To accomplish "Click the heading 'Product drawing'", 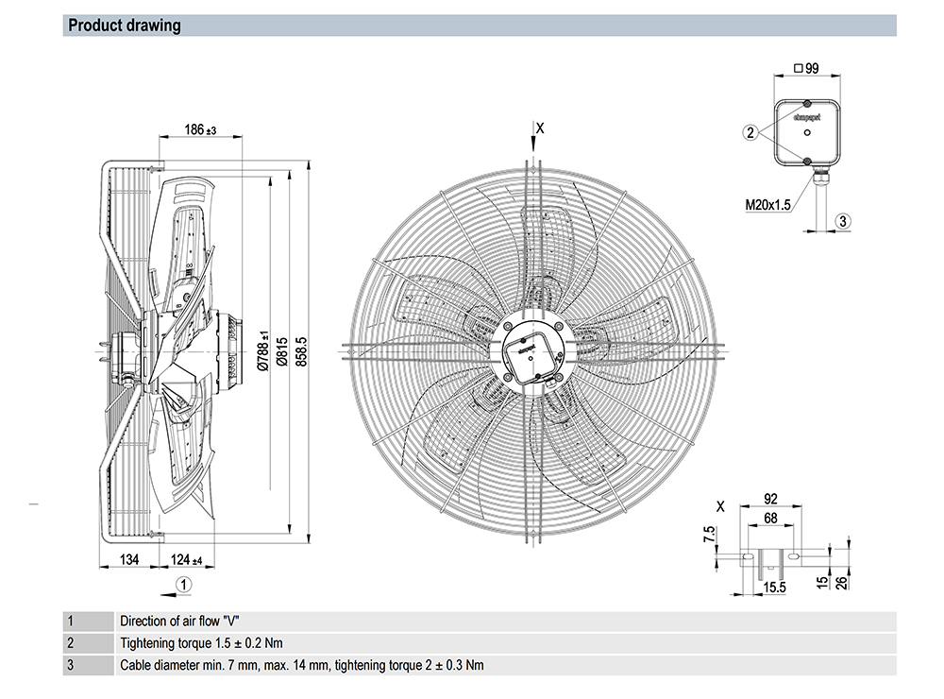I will pos(125,26).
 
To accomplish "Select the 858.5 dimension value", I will pos(303,350).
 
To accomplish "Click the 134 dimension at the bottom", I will pos(129,560).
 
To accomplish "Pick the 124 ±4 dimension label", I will pos(187,560).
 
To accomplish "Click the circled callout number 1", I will pos(186,584).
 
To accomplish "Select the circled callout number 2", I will pos(750,133).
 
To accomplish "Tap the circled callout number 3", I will pos(845,220).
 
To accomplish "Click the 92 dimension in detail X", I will pos(770,500).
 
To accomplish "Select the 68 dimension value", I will pos(770,518).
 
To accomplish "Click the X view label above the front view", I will pos(539,127).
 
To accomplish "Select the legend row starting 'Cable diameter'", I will pos(301,665).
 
